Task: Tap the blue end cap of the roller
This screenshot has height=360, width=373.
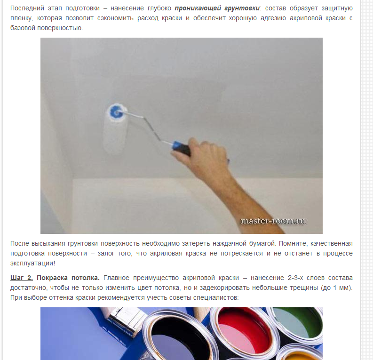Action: coord(117,112)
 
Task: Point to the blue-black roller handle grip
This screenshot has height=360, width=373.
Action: coord(182,148)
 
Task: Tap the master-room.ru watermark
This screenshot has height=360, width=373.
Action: coord(273,221)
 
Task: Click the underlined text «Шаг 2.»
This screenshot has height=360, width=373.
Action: coord(22,278)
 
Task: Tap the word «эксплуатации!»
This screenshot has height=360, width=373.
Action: coord(32,263)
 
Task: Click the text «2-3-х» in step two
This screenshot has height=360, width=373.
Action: coord(295,278)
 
